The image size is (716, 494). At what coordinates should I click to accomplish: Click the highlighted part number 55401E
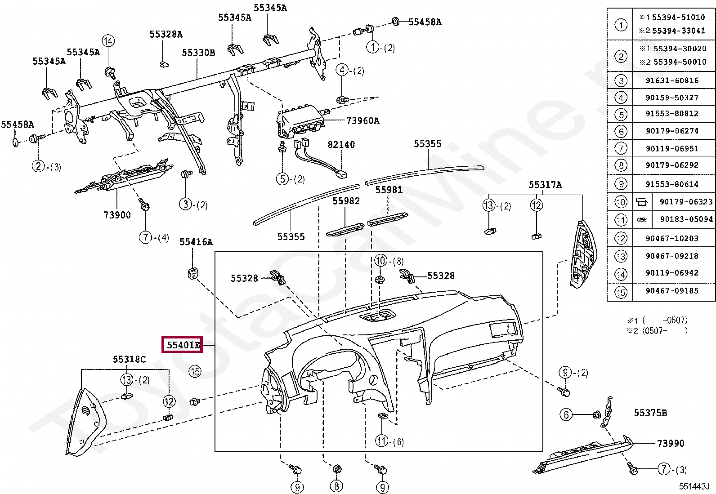183,345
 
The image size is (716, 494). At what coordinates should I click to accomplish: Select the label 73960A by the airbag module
362,120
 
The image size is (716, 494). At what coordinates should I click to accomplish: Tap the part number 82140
341,145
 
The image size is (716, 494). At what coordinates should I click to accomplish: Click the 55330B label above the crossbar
198,53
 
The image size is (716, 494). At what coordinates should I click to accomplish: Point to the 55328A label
166,34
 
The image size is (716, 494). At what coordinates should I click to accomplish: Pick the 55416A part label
196,242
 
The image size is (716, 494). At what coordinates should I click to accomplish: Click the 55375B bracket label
650,413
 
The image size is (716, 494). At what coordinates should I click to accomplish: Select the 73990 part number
670,443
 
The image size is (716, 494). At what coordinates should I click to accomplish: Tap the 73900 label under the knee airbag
117,215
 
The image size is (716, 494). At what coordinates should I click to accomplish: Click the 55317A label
545,185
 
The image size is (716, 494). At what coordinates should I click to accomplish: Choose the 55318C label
129,359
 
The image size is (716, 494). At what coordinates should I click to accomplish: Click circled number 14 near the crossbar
108,41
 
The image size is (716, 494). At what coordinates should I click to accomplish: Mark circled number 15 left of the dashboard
195,371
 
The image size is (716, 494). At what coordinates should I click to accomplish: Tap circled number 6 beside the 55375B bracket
566,414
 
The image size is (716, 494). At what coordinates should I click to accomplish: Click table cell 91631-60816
672,80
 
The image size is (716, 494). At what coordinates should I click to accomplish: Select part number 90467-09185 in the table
672,291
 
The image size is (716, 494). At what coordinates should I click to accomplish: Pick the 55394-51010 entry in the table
678,18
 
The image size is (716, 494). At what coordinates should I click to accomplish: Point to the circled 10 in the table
621,202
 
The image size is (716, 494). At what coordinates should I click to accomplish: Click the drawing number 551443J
694,486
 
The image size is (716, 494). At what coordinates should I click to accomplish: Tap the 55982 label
346,201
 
